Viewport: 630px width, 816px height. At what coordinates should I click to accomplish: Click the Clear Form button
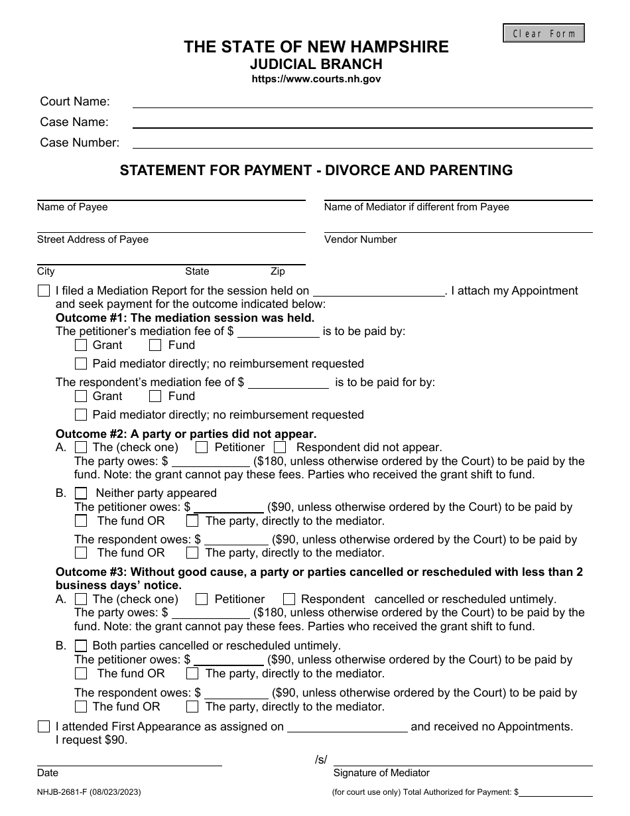(544, 33)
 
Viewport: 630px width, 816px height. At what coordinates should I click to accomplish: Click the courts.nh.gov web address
(316, 79)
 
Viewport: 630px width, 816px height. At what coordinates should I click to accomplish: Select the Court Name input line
(362, 102)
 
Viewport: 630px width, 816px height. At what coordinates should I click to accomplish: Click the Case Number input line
(362, 143)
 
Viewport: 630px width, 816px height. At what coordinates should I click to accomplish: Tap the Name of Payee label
(72, 207)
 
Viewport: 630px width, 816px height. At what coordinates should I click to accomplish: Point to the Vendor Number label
(360, 239)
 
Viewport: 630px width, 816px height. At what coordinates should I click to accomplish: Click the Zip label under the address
(277, 271)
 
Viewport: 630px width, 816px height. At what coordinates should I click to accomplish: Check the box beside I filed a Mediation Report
(44, 291)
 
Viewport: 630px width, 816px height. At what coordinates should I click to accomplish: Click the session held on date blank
(379, 291)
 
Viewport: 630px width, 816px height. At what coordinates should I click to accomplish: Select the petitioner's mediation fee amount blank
(278, 332)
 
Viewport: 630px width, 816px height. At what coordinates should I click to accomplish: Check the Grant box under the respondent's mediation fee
(81, 396)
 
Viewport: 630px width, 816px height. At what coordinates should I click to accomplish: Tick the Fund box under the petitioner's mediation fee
(155, 345)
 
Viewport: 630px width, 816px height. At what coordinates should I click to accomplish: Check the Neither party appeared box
(81, 493)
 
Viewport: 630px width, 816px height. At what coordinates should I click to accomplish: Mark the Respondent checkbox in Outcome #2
(280, 447)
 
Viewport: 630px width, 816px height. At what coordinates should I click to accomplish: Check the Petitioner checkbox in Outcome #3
(202, 599)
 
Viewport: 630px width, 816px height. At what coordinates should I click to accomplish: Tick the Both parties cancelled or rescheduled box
(81, 646)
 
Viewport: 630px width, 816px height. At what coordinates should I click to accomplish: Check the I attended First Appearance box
(44, 726)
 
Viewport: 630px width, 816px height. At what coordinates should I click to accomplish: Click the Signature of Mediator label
(381, 773)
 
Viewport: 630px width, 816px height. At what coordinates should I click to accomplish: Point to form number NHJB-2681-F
(88, 791)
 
